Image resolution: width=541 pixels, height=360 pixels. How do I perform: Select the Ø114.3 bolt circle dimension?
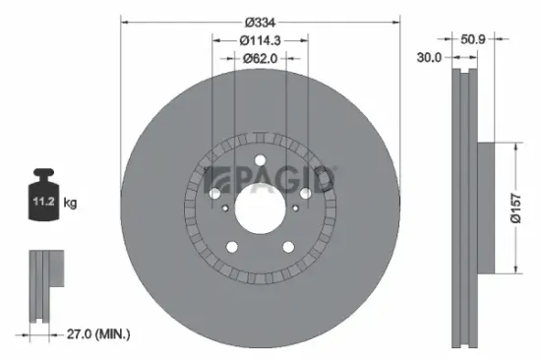262,40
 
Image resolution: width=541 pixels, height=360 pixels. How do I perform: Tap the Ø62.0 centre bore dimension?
261,58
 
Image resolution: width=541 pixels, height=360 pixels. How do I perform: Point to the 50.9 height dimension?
473,40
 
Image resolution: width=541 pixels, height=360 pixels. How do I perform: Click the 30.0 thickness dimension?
428,59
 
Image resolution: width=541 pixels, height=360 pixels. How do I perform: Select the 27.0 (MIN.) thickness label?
88,335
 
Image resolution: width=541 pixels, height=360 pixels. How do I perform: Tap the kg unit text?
70,204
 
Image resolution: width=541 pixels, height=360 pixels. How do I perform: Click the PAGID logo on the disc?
270,180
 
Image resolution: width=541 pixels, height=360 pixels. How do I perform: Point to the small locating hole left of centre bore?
225,209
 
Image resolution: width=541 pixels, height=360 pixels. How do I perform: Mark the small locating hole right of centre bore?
295,209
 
